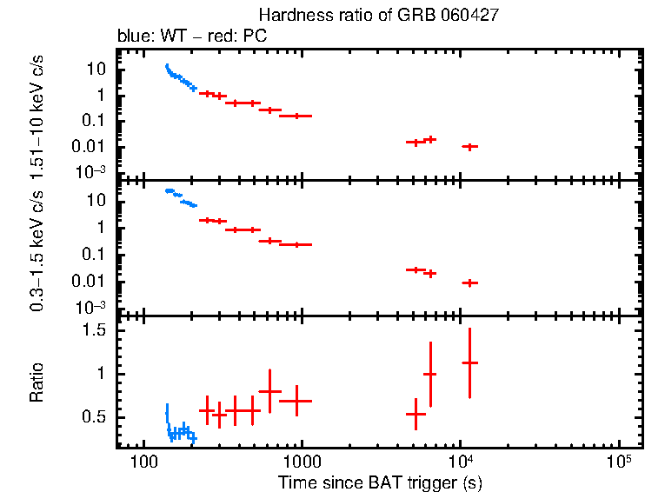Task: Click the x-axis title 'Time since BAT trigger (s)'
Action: point(380,481)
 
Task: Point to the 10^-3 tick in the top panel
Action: point(90,172)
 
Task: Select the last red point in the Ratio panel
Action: point(469,362)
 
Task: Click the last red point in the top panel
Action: point(469,147)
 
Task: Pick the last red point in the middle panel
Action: point(469,283)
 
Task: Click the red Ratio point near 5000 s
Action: point(416,414)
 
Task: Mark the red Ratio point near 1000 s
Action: point(296,401)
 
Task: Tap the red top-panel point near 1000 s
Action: point(296,116)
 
